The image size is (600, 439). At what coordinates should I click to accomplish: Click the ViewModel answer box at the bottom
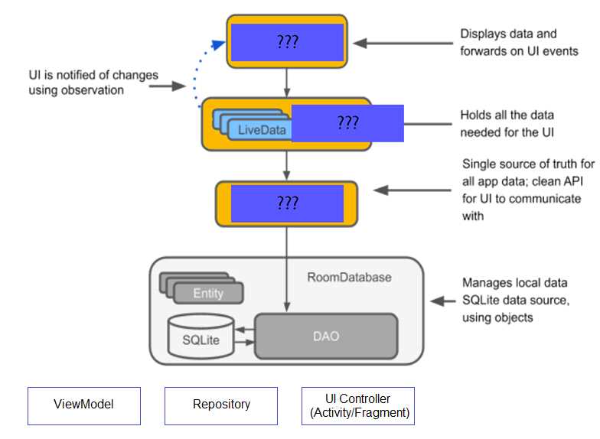point(84,405)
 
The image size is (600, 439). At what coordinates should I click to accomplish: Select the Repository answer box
point(221,405)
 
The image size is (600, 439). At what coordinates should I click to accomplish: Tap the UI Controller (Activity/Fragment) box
point(357,405)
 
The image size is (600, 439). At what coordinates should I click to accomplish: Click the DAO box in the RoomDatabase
point(326,336)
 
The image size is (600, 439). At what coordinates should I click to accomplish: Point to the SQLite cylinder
point(201,337)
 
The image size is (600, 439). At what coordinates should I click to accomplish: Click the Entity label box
point(208,293)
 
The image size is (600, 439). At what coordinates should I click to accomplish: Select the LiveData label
point(261,129)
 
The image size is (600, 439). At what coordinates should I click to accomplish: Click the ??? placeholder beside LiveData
point(347,123)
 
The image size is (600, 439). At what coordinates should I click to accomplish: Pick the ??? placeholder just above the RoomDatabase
point(287,203)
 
